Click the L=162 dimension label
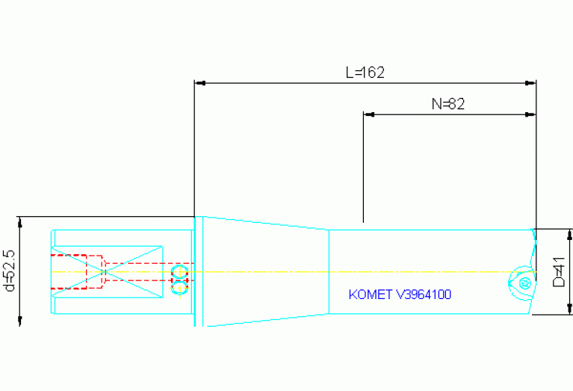[x=365, y=73]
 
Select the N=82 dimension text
[x=448, y=104]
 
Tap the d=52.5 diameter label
[x=10, y=271]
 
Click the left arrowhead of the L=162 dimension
[x=199, y=82]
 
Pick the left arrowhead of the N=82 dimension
[x=368, y=114]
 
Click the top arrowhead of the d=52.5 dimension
[x=19, y=221]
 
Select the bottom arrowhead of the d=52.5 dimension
[x=19, y=321]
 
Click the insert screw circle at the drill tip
[x=524, y=283]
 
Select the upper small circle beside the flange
[x=179, y=270]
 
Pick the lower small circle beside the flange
[x=179, y=287]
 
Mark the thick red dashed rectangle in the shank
[x=69, y=271]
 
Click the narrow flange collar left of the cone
[x=198, y=271]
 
